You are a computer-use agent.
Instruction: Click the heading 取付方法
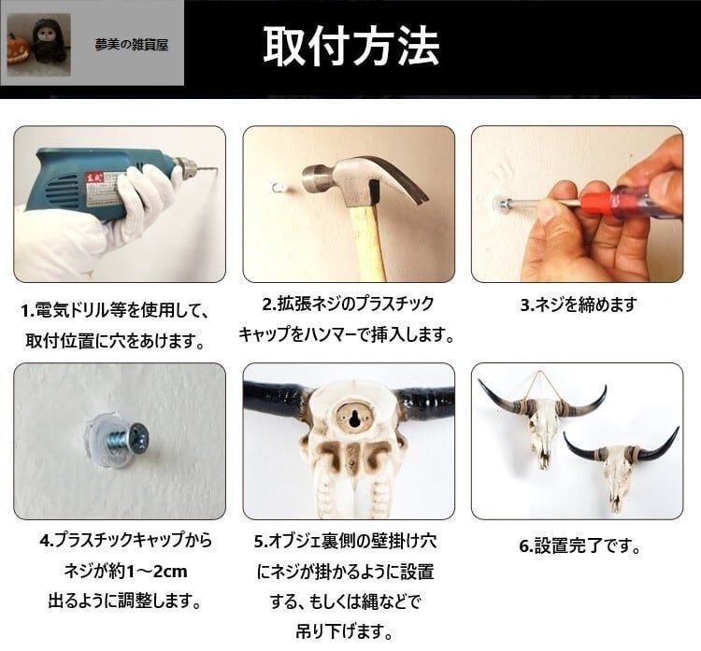coord(350,46)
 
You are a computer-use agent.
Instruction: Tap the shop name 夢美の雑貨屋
coord(132,45)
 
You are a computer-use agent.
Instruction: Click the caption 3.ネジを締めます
coord(578,304)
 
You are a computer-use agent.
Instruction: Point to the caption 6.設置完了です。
coord(579,545)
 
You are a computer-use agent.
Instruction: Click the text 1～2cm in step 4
coord(157,571)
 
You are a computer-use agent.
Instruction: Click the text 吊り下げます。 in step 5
coord(344,631)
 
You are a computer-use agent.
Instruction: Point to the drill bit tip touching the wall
coord(218,168)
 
